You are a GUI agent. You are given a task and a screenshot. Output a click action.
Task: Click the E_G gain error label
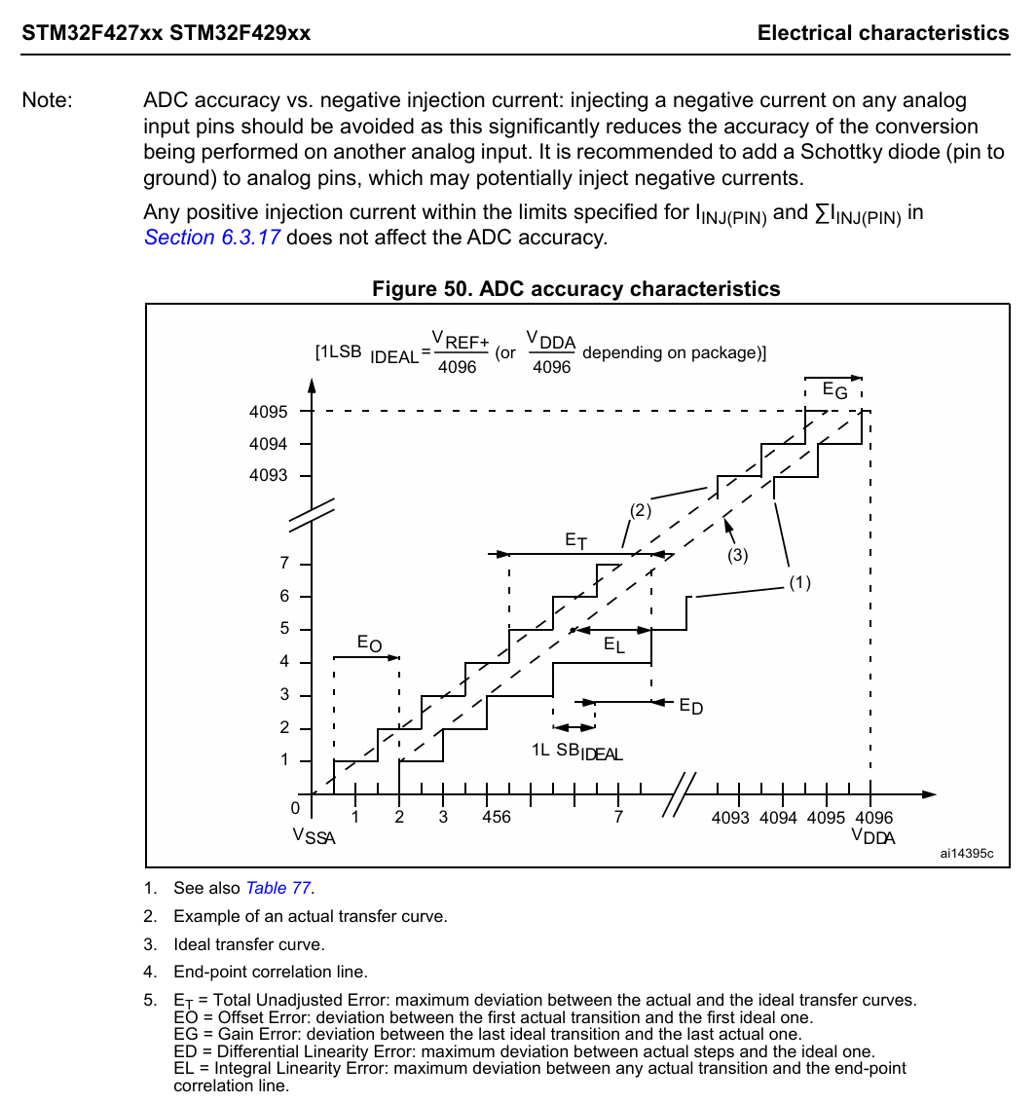[834, 390]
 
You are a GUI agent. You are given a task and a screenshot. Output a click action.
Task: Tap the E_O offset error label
[369, 643]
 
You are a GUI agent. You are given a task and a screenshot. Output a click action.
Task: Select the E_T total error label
[576, 539]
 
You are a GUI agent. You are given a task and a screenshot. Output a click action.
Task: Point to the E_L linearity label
[614, 644]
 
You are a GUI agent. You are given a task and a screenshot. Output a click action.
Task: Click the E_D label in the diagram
[690, 707]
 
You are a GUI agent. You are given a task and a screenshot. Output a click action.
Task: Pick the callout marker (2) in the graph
[640, 509]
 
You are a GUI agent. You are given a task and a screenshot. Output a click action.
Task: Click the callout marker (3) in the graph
[737, 556]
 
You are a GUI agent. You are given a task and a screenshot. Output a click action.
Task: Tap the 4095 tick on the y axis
[268, 412]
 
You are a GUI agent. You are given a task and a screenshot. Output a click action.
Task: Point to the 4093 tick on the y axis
[268, 476]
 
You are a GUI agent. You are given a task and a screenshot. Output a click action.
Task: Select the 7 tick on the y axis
[283, 564]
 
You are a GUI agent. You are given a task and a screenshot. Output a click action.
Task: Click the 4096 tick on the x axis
[871, 818]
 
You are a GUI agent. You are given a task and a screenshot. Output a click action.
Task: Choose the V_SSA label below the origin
[314, 837]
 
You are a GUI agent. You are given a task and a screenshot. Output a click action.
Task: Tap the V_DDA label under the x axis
[872, 837]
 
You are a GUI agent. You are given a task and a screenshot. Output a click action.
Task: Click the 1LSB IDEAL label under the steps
[576, 752]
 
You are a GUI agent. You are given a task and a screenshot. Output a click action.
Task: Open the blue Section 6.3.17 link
[212, 238]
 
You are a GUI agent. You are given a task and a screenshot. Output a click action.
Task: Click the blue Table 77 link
[278, 888]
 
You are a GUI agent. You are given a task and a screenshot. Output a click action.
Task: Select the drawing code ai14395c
[967, 853]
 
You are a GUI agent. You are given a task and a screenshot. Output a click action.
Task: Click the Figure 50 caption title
[576, 289]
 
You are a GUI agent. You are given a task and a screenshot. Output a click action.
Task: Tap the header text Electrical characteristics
[883, 33]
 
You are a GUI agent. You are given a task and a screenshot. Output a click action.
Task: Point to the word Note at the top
[47, 100]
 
